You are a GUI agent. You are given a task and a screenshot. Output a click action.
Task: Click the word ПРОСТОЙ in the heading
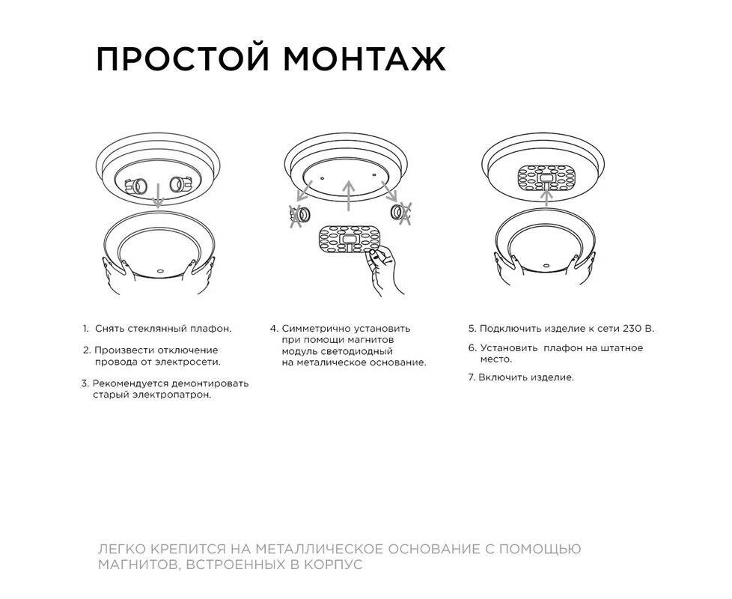tap(183, 58)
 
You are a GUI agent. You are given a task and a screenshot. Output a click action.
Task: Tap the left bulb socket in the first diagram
tap(136, 186)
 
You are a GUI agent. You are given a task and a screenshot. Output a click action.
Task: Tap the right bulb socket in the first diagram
tap(180, 184)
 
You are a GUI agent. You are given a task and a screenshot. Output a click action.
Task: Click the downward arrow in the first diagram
tap(158, 195)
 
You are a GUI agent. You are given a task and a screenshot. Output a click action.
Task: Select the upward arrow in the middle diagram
tap(348, 196)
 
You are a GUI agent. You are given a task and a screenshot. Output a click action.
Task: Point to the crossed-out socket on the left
tap(299, 215)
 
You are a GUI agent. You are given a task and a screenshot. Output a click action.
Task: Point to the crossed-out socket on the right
tap(401, 213)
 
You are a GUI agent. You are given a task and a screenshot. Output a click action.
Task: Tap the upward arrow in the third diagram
tap(546, 196)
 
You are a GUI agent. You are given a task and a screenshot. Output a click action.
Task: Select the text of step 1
tap(157, 329)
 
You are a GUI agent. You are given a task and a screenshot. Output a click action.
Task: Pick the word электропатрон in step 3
tap(172, 395)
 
